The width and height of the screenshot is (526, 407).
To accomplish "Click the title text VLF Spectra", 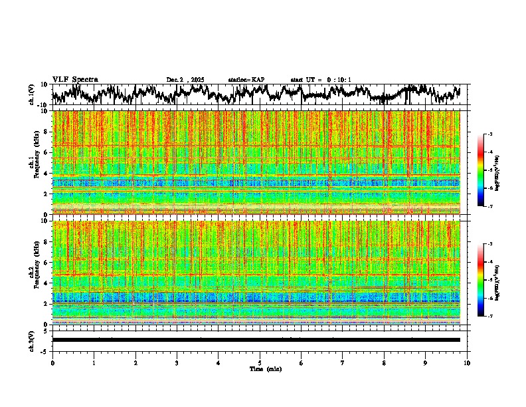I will click(x=75, y=79).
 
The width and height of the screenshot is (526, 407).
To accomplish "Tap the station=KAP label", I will click(x=246, y=80).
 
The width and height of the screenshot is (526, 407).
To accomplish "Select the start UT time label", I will click(x=321, y=80).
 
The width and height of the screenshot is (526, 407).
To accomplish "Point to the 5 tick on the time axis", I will click(x=260, y=362).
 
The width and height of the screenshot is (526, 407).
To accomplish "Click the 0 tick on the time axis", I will click(x=52, y=362).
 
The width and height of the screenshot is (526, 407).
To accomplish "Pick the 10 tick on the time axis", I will click(x=467, y=362).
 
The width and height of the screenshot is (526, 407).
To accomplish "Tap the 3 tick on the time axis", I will click(x=177, y=362).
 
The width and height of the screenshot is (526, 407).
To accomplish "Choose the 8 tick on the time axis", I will click(x=384, y=362).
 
